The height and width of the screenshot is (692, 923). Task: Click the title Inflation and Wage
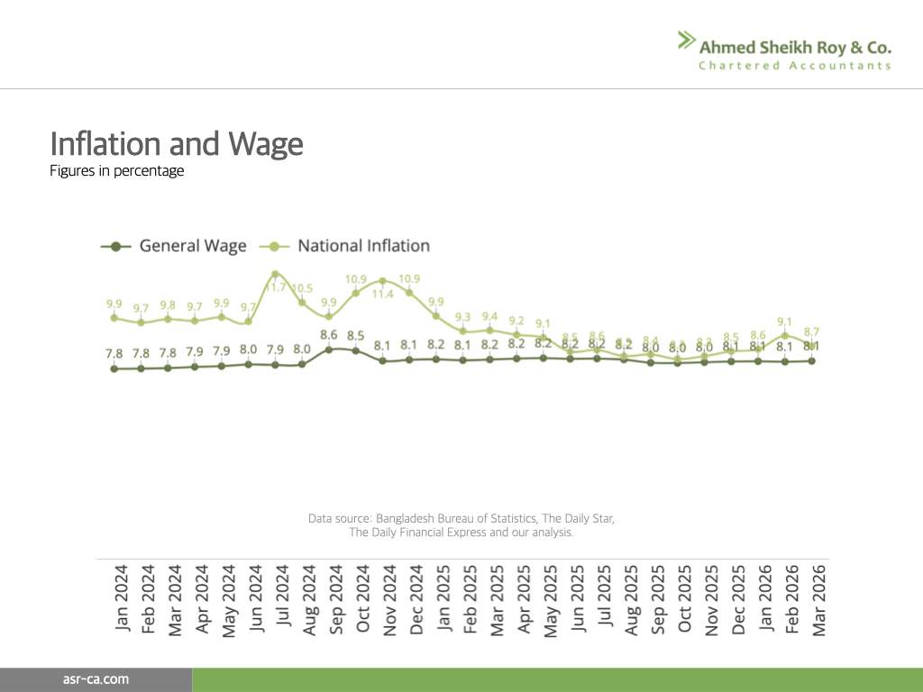(177, 144)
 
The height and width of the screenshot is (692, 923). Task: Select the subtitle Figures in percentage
(117, 171)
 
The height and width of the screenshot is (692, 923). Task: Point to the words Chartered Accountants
(794, 66)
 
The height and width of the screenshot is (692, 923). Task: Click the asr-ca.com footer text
(96, 679)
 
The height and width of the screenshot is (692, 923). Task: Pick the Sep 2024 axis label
(337, 599)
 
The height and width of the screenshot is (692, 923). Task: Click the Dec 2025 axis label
(739, 599)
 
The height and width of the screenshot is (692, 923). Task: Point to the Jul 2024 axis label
(283, 599)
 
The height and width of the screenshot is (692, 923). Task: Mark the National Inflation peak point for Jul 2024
(275, 274)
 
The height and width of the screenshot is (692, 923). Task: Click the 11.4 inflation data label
(383, 294)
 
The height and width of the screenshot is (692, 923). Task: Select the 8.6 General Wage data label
(329, 334)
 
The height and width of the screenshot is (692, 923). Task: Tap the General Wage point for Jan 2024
(114, 369)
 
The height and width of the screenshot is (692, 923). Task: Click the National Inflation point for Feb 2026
(785, 335)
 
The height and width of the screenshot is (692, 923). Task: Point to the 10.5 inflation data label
(302, 288)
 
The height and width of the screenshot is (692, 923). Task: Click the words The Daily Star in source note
(578, 519)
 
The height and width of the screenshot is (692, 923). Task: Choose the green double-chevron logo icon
(687, 40)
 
